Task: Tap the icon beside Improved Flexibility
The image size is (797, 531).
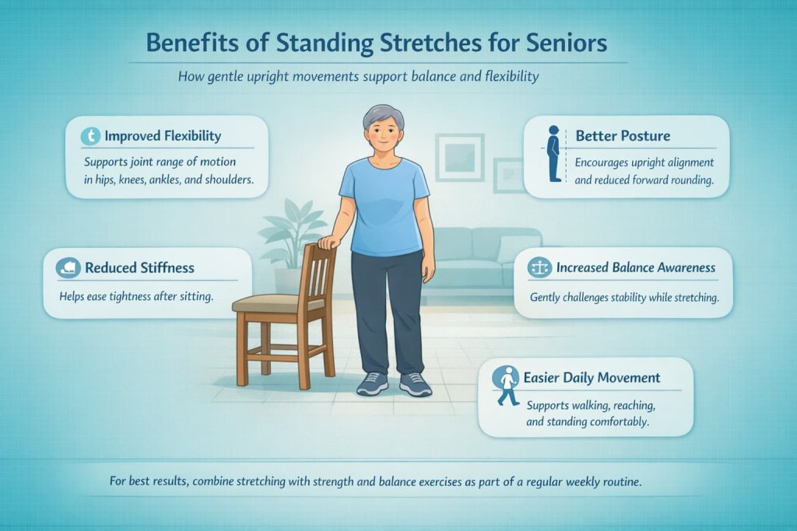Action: (x=91, y=136)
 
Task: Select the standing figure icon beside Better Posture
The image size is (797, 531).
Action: (x=553, y=153)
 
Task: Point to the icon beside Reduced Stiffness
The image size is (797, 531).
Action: (x=68, y=268)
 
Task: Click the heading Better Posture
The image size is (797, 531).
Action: (x=622, y=136)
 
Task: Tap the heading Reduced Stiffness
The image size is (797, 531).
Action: (x=139, y=268)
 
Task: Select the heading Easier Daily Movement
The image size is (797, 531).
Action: (x=592, y=378)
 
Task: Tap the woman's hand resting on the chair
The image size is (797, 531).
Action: (x=329, y=242)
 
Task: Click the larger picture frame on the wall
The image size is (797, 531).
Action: (x=458, y=157)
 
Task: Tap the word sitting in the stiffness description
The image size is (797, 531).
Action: (x=194, y=296)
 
